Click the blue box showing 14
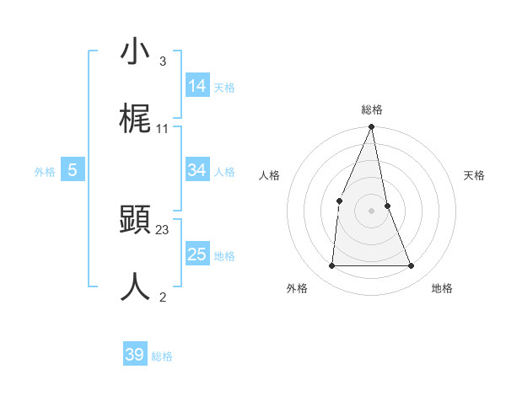click(197, 86)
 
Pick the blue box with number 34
click(197, 170)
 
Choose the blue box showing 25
click(197, 254)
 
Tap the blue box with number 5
click(73, 170)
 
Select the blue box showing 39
click(135, 355)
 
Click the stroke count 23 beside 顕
click(163, 229)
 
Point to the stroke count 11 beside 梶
click(163, 129)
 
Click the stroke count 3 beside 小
click(163, 62)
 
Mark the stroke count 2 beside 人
click(163, 296)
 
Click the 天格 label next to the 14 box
click(224, 88)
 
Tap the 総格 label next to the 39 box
click(162, 356)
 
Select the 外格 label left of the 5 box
click(45, 172)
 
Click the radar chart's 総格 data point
click(371, 127)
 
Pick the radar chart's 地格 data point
click(412, 266)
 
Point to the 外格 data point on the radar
click(331, 266)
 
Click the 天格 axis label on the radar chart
click(475, 175)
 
